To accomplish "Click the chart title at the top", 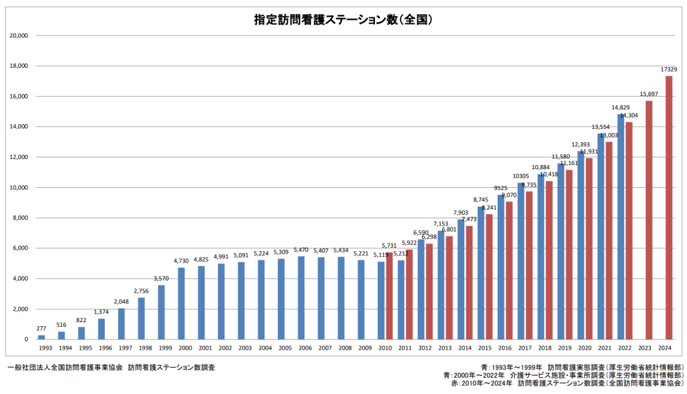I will tap(343, 20).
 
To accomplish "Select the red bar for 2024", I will tap(669, 207).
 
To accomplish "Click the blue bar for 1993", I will tap(42, 337).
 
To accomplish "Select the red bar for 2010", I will tap(389, 296).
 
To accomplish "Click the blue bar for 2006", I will tap(301, 298).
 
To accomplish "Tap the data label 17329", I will tap(668, 69).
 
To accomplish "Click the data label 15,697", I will tap(648, 94).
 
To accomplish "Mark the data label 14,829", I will tap(621, 107).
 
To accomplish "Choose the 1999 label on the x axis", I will tap(161, 348).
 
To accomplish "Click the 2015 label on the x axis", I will tap(485, 348).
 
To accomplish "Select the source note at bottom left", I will tap(111, 367).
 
